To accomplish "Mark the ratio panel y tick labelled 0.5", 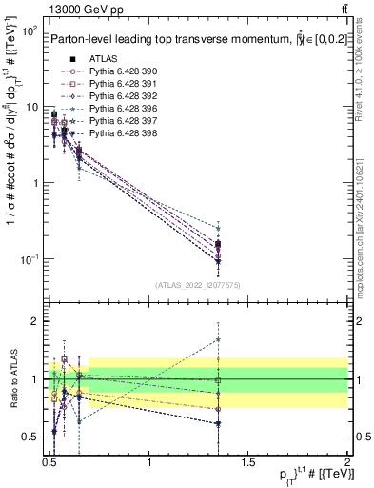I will click(x=31, y=437).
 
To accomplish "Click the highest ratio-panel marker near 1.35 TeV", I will click(x=219, y=339).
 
